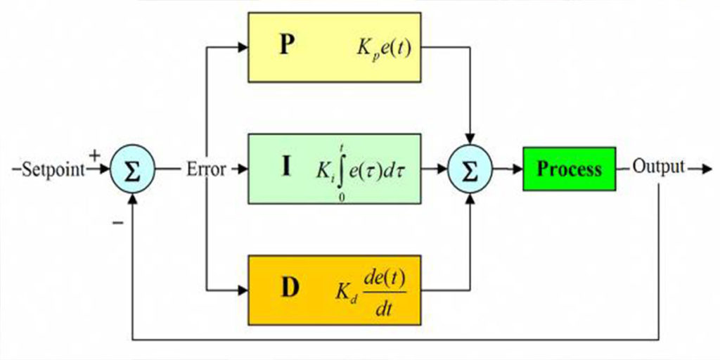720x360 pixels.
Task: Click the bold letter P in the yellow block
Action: (285, 47)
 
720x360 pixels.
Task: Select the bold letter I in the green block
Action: (286, 168)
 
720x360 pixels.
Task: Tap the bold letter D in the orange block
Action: (290, 288)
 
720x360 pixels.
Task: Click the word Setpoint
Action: (53, 170)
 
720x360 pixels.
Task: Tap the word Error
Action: (206, 169)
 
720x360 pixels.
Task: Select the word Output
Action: (658, 167)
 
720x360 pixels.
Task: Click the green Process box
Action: (570, 169)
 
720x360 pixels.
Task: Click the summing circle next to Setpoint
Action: (133, 170)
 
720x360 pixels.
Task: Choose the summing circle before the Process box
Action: (470, 169)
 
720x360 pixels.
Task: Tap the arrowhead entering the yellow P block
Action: (243, 47)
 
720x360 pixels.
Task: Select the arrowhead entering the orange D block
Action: (243, 290)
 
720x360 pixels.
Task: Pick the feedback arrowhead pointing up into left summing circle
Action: (133, 198)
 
